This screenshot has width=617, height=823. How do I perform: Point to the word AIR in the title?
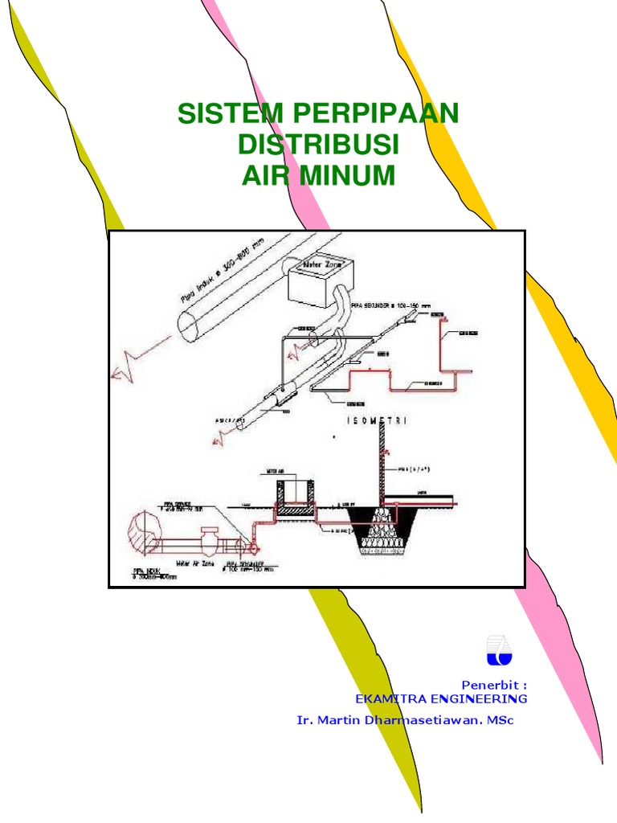pos(265,174)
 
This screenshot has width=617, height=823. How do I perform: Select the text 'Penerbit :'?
pos(494,685)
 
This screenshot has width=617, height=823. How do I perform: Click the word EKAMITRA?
pos(389,699)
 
